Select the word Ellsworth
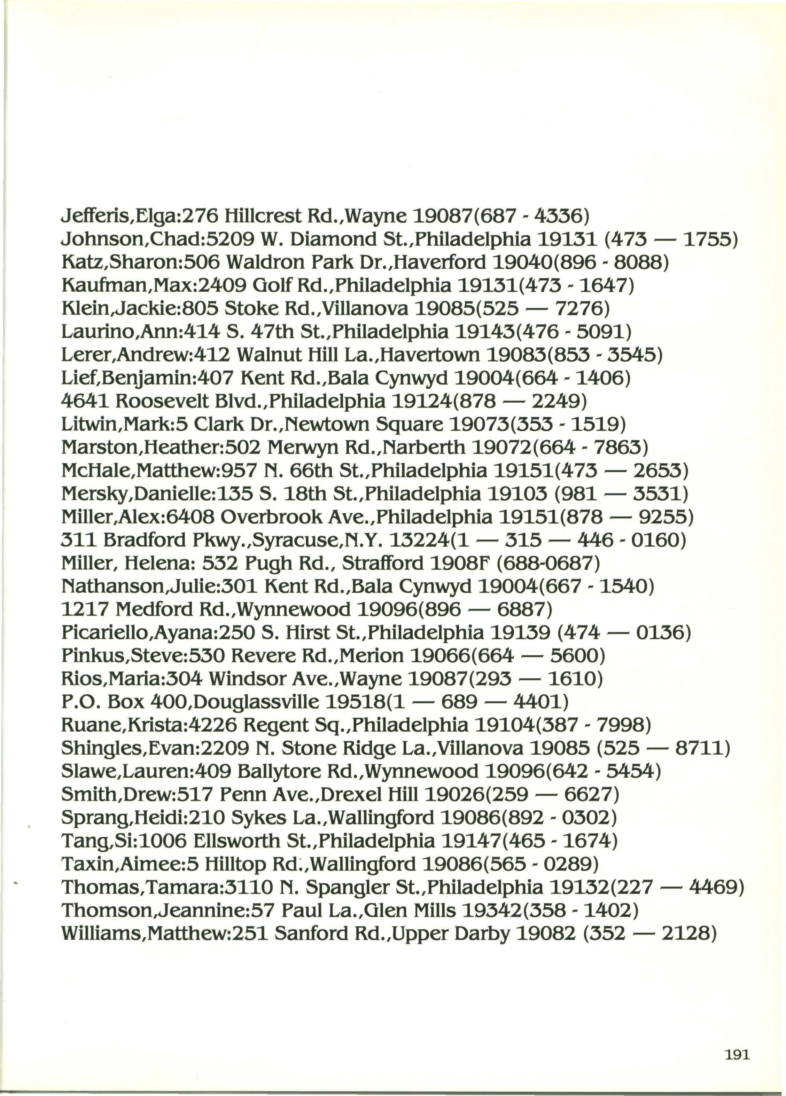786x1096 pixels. (x=236, y=841)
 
